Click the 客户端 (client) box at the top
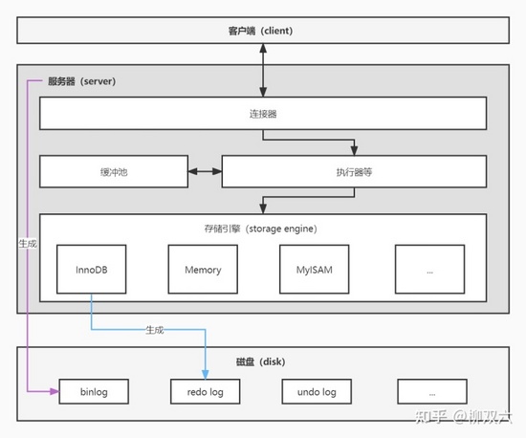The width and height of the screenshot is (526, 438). (263, 31)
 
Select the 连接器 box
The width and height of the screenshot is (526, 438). (263, 114)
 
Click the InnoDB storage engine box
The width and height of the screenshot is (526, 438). (92, 270)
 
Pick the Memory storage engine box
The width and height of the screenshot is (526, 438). (202, 270)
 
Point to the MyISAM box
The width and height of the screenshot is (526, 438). (314, 270)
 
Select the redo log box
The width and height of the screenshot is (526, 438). (205, 391)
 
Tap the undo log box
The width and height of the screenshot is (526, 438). (317, 391)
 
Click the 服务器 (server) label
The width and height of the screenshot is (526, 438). (81, 82)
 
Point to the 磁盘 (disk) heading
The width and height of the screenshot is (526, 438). (260, 362)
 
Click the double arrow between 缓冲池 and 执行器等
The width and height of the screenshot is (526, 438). (202, 172)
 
